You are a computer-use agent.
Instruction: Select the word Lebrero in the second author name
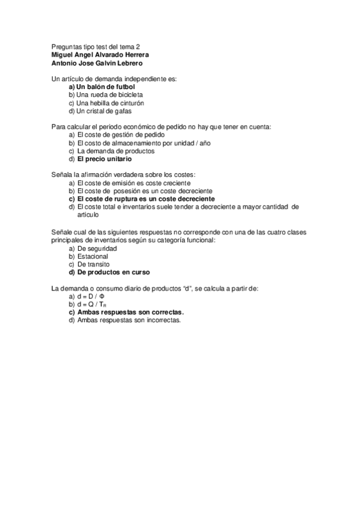(127, 63)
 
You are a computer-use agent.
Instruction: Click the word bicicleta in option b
(129, 94)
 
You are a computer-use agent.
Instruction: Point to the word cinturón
(129, 103)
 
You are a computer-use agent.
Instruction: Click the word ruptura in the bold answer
(137, 198)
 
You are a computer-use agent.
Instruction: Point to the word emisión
(124, 183)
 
